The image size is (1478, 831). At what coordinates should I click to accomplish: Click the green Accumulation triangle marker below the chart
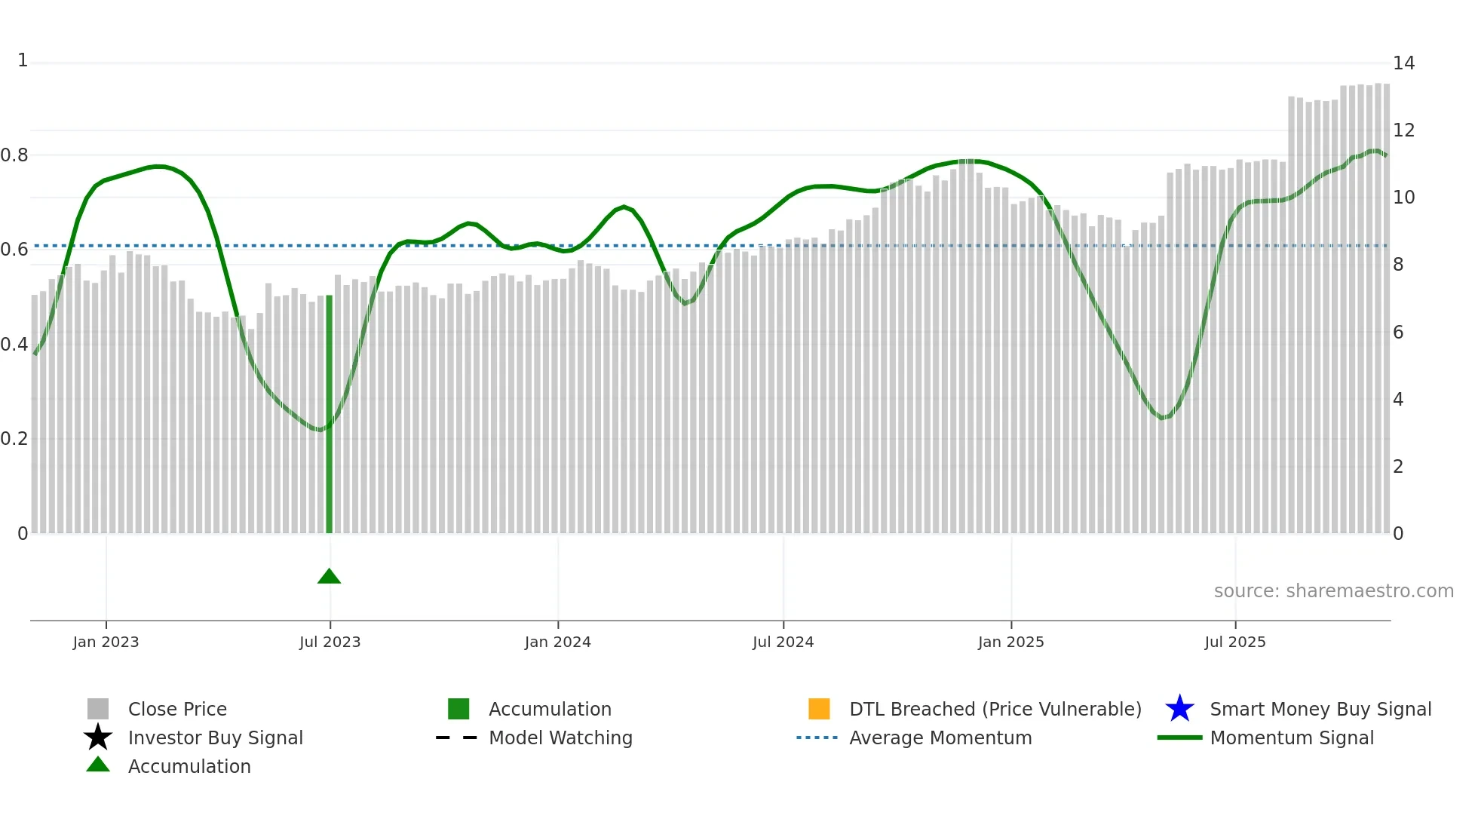point(329,577)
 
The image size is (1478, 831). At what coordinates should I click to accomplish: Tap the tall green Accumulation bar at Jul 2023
point(329,415)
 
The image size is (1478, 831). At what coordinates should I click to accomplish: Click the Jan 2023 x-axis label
point(106,642)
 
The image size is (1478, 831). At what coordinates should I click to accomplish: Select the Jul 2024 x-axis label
point(783,642)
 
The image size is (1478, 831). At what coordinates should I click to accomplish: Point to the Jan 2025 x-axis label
point(1010,642)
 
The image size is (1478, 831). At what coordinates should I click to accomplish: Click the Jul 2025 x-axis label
point(1234,642)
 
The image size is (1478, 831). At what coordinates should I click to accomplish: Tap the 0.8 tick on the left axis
point(14,155)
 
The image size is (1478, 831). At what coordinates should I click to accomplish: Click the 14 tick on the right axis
point(1403,63)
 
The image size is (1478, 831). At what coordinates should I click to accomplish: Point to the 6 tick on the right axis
point(1398,333)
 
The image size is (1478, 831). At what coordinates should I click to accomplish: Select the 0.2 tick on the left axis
point(14,439)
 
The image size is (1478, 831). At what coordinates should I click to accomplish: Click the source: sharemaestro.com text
point(1333,591)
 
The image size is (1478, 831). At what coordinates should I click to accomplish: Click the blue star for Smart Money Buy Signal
point(1179,709)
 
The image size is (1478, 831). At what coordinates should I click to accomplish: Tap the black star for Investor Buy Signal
point(98,737)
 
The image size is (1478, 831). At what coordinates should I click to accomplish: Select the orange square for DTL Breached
point(819,709)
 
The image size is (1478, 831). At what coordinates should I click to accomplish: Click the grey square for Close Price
point(98,709)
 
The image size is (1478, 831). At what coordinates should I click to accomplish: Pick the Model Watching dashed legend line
point(457,737)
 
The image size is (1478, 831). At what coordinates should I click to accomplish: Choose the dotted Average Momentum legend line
point(817,737)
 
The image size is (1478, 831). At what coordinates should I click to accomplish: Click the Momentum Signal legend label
point(1292,738)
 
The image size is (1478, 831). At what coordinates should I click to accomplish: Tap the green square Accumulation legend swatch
point(458,709)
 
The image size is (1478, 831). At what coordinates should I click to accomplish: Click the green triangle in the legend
point(98,765)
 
